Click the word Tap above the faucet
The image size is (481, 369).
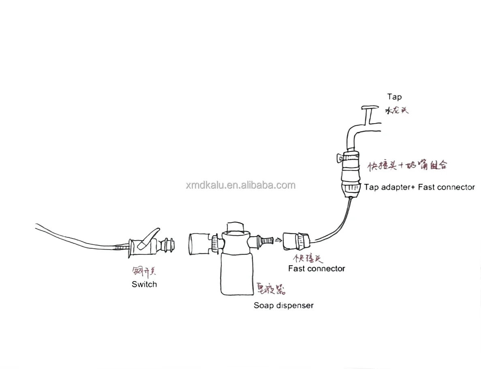[x=394, y=96]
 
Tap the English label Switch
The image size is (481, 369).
[x=144, y=284]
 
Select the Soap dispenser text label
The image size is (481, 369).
[x=283, y=305]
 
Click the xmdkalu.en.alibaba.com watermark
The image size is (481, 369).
[x=241, y=186]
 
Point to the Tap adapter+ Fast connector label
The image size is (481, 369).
[x=419, y=187]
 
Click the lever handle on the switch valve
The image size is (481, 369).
[x=148, y=238]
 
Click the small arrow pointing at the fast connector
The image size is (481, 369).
[x=278, y=240]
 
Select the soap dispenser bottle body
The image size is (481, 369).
[x=236, y=273]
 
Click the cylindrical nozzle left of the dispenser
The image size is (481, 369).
[x=199, y=244]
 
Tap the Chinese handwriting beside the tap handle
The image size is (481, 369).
[x=396, y=110]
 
